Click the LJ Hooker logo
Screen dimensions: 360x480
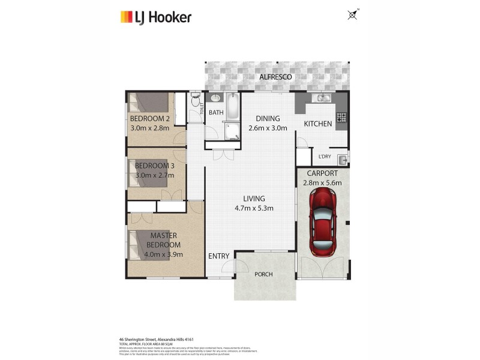point(155,17)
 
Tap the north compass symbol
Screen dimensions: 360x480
point(352,14)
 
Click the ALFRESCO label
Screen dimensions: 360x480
point(275,77)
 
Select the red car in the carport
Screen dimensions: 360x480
point(323,221)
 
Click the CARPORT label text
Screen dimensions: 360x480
point(322,174)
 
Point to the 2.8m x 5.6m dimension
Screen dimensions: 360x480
point(322,183)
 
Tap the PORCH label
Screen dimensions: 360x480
point(263,274)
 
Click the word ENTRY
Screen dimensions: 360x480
point(218,256)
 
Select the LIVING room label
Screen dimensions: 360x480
point(254,199)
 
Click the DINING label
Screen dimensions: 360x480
point(268,118)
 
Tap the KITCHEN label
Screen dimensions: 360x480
point(318,124)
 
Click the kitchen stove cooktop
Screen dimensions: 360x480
point(341,118)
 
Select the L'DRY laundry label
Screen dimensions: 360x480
point(325,157)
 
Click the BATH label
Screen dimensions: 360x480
point(217,112)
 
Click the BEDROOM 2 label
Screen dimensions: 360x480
point(150,119)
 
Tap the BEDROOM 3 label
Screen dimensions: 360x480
point(154,166)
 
